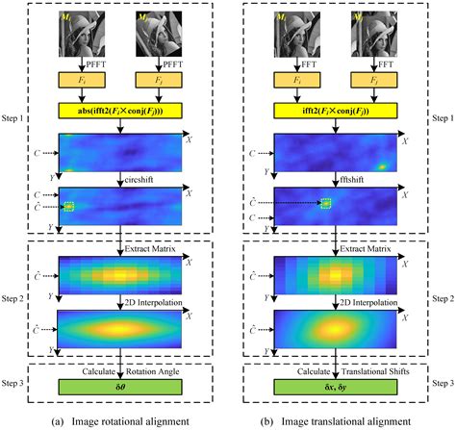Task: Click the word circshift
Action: (143, 179)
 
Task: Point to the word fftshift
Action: (354, 179)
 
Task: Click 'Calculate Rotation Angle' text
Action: (122, 370)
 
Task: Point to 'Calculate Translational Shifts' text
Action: (335, 370)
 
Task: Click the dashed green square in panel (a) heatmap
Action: (68, 205)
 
